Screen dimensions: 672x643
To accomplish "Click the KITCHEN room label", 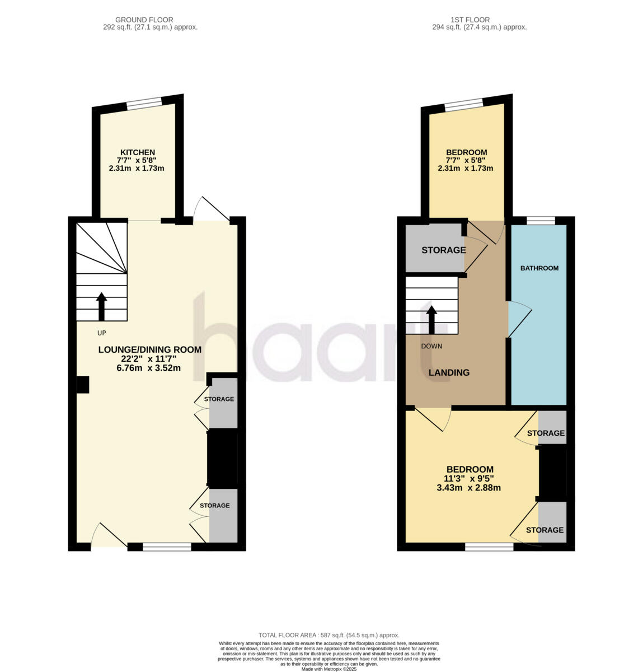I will point(137,152).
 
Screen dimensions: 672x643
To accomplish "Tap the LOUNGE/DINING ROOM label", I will point(149,349).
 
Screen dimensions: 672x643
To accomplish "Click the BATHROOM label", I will point(539,268).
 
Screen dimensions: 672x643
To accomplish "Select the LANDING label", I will point(449,372).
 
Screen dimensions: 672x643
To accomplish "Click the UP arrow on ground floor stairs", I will point(101,306).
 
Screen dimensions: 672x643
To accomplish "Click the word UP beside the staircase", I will point(101,333).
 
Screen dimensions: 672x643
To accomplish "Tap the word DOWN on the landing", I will point(431,346).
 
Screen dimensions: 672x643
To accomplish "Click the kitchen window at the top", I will point(144,103).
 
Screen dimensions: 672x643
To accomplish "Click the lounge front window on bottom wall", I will point(167,547).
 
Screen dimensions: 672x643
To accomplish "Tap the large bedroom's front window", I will point(489,547).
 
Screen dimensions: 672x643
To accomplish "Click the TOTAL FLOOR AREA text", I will point(328,635).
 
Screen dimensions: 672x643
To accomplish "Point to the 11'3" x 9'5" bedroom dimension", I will point(468,479).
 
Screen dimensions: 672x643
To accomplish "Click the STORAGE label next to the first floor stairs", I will point(443,250).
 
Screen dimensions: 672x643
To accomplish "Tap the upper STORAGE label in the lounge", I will point(219,399).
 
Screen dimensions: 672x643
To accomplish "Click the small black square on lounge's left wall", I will point(83,384).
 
